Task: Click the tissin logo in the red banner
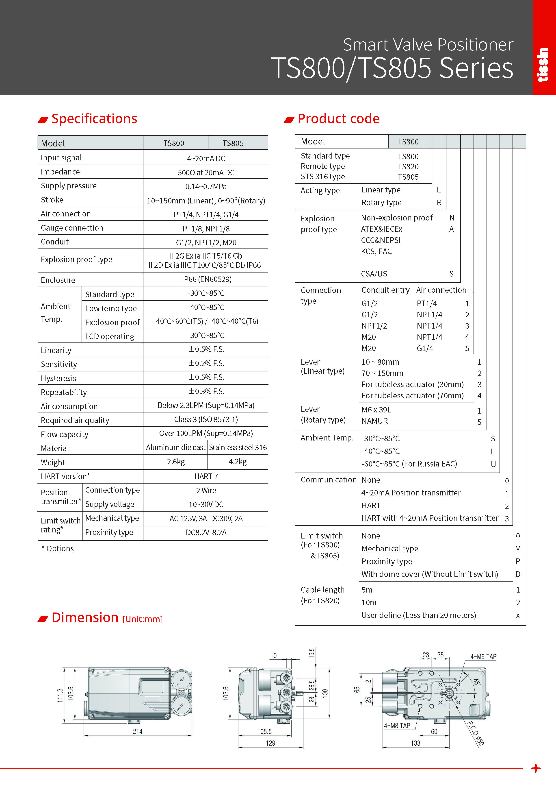point(543,64)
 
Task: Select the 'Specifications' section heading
point(94,119)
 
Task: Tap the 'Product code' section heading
point(338,119)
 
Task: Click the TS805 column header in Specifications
point(233,143)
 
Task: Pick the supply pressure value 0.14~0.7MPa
point(206,186)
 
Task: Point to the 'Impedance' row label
point(60,172)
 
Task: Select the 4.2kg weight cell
point(237,462)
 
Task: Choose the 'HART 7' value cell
point(206,476)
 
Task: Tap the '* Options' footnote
point(58,548)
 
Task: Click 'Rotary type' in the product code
point(381,203)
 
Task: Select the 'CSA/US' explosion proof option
point(374,274)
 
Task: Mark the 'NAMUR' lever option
point(374,421)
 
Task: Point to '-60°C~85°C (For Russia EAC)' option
point(409,464)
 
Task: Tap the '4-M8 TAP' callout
point(397,726)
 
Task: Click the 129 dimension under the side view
point(270,743)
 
